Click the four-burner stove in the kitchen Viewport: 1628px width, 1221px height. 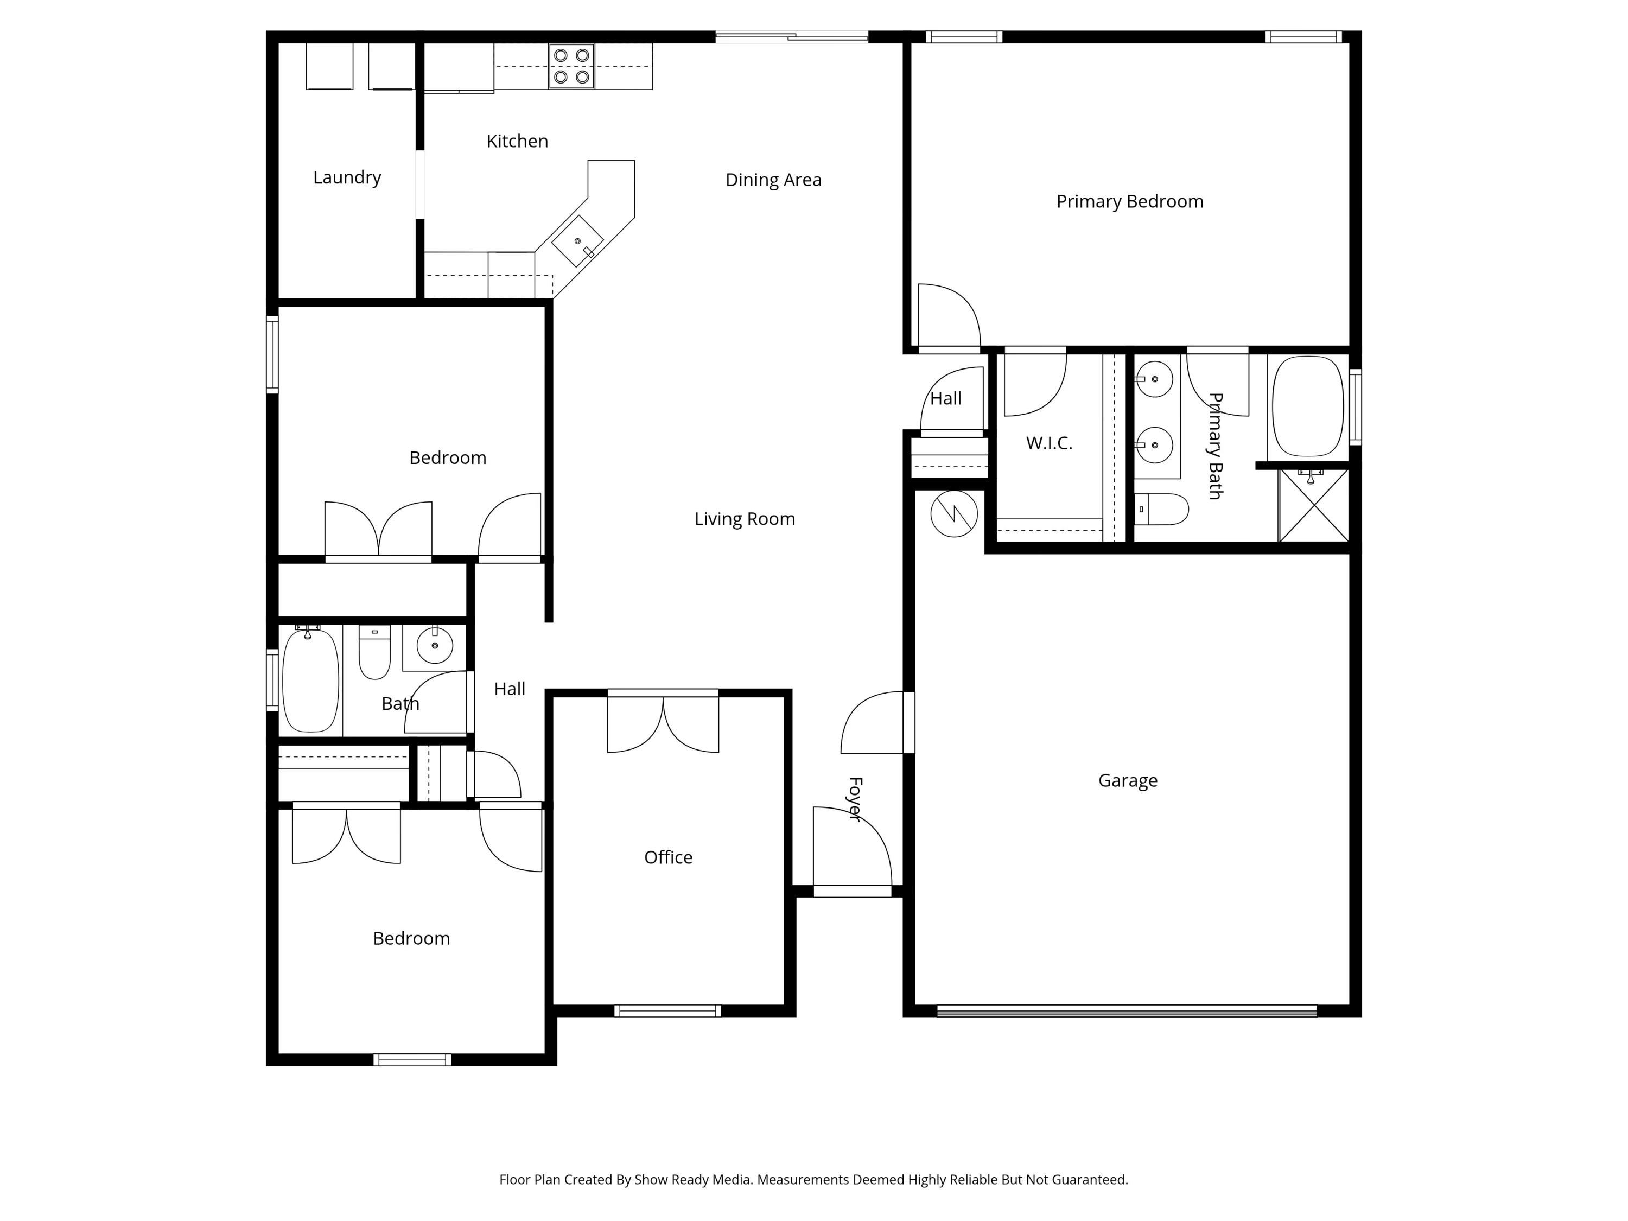[571, 66]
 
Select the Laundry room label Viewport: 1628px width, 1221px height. [347, 177]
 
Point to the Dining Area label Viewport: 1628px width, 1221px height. [773, 180]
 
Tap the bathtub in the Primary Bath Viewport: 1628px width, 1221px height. [1308, 406]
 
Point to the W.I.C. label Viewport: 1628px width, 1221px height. [1049, 443]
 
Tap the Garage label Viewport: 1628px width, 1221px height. [1128, 780]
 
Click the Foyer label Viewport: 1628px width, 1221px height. [855, 799]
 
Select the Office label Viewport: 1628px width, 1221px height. [668, 857]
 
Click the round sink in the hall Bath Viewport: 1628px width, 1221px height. [435, 645]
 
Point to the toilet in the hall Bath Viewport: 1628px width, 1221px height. [374, 652]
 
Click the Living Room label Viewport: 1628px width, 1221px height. [745, 519]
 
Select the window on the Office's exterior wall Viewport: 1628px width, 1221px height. [667, 1011]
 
